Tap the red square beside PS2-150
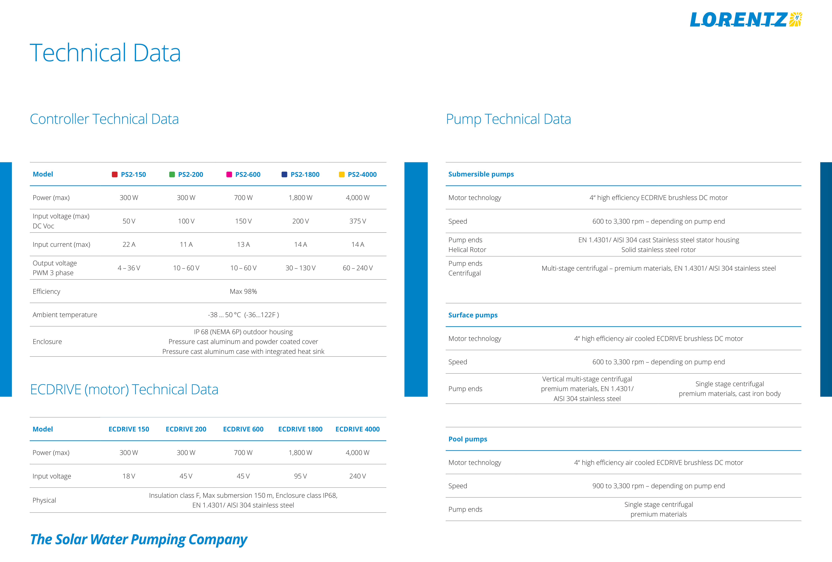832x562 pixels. point(115,174)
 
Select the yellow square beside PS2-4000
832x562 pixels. point(341,174)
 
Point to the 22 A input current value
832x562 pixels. point(129,244)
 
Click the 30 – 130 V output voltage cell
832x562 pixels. point(300,268)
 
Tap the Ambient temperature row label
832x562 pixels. point(65,315)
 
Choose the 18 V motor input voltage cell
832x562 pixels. point(129,476)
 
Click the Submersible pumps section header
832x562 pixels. point(481,174)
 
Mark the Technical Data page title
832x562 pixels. point(105,53)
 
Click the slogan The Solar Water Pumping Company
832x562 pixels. point(139,539)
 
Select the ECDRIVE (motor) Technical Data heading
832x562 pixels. point(124,389)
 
